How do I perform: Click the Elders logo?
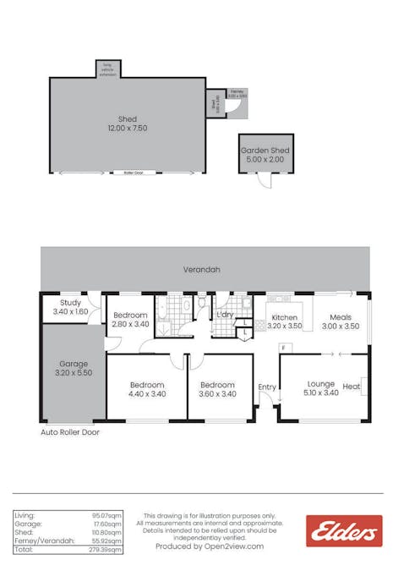tap(344, 531)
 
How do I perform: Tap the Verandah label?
tap(202, 270)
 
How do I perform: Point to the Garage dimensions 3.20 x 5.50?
tap(74, 373)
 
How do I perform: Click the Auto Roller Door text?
tap(70, 431)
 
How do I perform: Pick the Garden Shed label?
tap(265, 151)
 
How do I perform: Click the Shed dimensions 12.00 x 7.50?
tap(127, 129)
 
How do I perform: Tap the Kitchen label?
tap(283, 318)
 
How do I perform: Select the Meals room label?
tap(341, 318)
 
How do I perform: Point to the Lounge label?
tap(321, 383)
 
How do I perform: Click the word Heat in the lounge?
tap(351, 387)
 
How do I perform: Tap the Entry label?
tap(267, 387)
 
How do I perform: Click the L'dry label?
tap(225, 315)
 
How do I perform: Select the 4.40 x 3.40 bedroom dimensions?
tap(146, 394)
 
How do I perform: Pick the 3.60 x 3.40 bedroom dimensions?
tap(217, 394)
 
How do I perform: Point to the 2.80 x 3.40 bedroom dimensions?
tap(130, 324)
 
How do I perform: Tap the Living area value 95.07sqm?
tap(108, 515)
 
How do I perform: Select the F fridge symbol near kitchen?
tap(285, 347)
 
